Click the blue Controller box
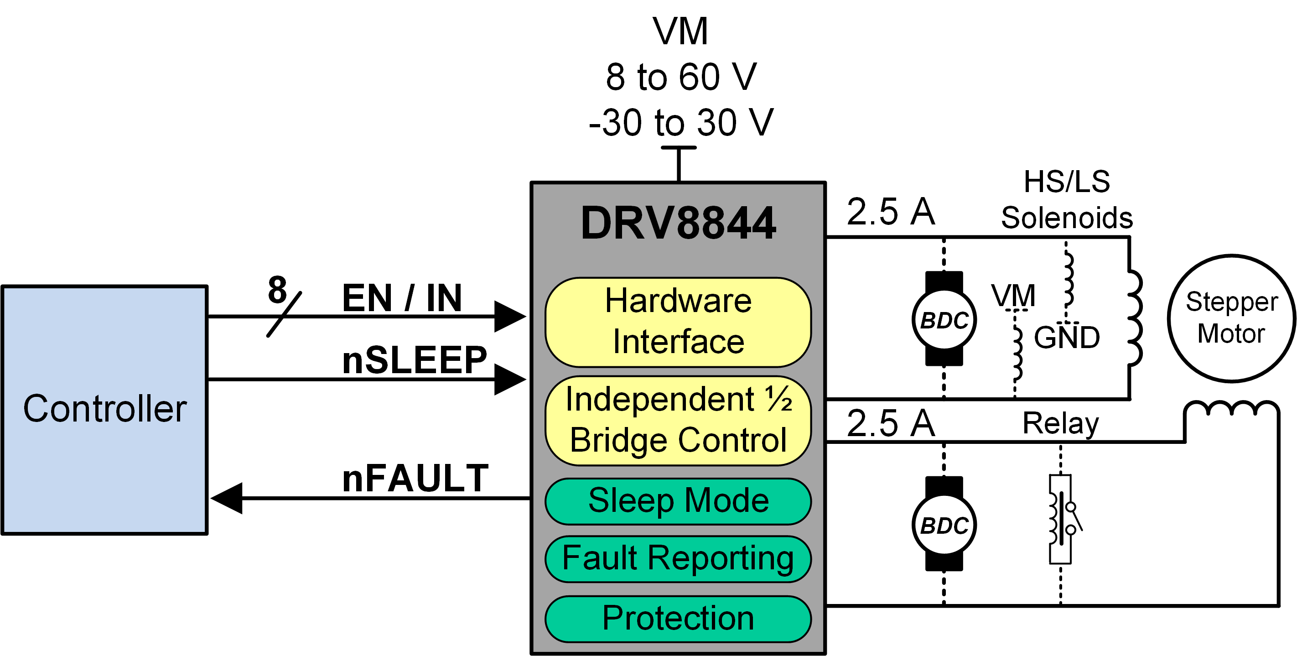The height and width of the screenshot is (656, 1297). tap(105, 409)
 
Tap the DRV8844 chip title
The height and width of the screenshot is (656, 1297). tap(678, 223)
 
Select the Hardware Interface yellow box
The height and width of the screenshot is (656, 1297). tap(678, 322)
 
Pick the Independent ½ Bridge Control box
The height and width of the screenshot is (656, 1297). tap(678, 420)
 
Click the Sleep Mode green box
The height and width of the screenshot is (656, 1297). tap(678, 501)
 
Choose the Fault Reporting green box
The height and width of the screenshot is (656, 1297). tap(678, 558)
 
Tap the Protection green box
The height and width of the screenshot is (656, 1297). tap(678, 618)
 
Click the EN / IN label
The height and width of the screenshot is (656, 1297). tap(401, 298)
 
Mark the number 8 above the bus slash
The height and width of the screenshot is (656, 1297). tap(277, 290)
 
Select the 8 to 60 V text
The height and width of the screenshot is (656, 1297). tap(681, 77)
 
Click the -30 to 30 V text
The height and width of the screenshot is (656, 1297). tap(681, 122)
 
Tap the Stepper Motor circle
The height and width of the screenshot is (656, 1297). tap(1231, 318)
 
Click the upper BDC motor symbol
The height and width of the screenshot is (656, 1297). tap(944, 319)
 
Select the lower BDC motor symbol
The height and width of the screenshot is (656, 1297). tap(944, 524)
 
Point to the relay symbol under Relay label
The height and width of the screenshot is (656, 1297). tap(1061, 519)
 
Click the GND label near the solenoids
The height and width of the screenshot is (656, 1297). tap(1066, 337)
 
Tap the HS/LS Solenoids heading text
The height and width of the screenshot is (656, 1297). tap(1066, 199)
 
